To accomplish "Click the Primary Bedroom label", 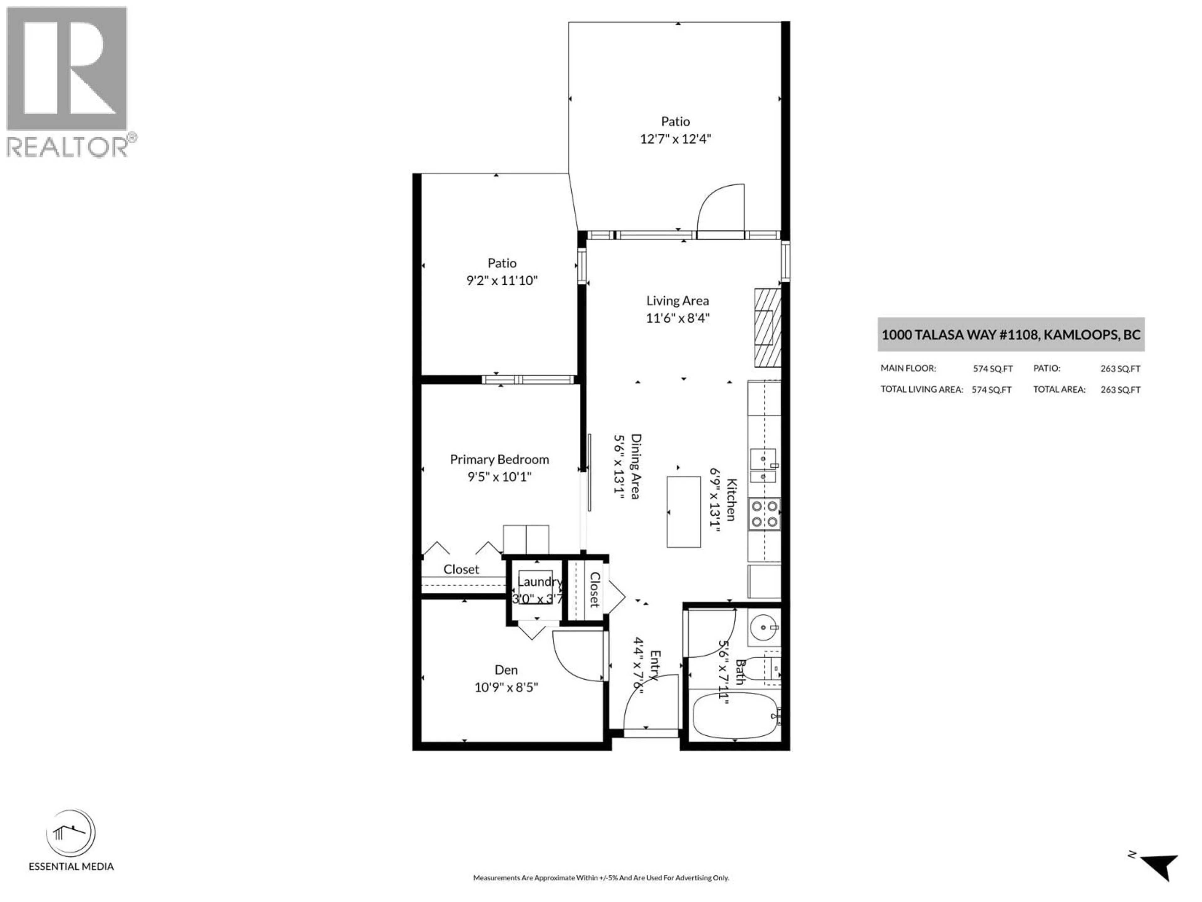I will [x=499, y=459].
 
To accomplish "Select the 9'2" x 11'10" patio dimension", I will [x=501, y=281].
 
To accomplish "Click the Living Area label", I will [x=677, y=301].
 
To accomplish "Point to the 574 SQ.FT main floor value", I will [x=992, y=369].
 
